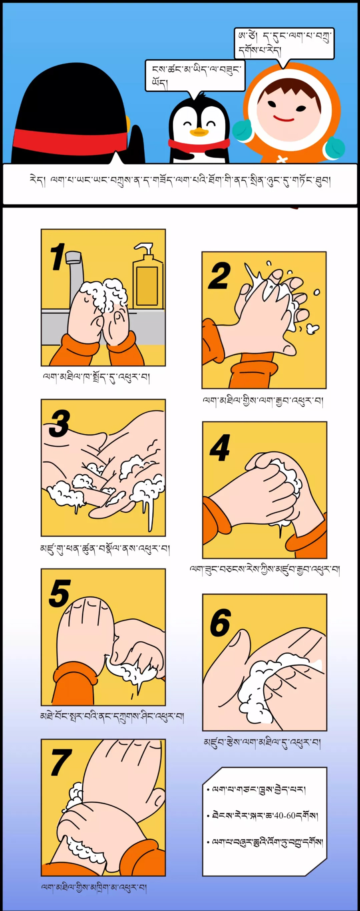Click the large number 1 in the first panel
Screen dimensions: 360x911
tap(58, 257)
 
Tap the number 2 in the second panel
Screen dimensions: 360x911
tap(219, 275)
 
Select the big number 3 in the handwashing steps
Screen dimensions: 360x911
tap(59, 424)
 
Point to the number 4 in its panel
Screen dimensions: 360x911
tap(220, 448)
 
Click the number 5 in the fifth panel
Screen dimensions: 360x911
tap(60, 593)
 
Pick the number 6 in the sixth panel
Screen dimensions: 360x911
tap(220, 622)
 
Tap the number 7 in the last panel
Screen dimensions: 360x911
tap(61, 762)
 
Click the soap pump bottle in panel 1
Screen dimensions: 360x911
tap(148, 276)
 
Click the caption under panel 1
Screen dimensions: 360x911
tap(96, 378)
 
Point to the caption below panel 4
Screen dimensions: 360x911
tap(265, 569)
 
